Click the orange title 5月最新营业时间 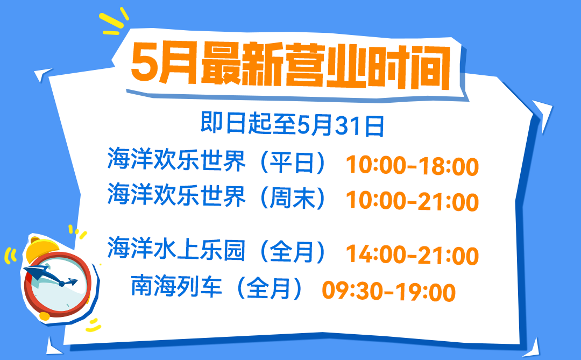291,66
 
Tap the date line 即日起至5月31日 292,124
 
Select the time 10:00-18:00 412,166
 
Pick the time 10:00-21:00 412,201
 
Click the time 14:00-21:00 412,256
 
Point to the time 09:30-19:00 389,292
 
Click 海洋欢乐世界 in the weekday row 176,160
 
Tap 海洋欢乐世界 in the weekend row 176,195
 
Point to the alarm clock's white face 59,286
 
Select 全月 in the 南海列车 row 268,288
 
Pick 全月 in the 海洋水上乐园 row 292,251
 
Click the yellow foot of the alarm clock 45,316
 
